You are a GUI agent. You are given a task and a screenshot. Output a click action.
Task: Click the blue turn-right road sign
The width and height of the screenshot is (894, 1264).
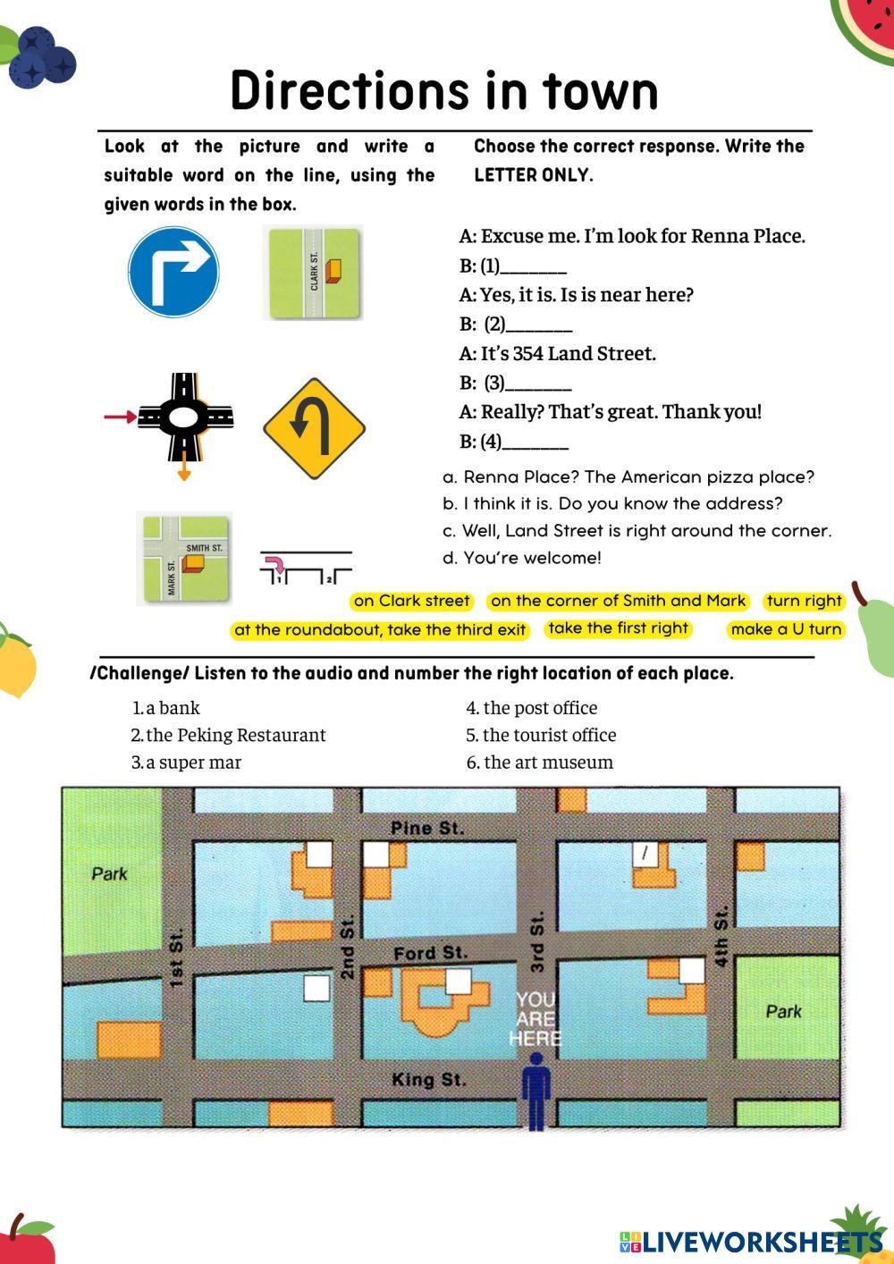coord(173,272)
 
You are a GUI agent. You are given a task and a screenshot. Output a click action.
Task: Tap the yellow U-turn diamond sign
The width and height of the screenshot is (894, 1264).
coord(315,429)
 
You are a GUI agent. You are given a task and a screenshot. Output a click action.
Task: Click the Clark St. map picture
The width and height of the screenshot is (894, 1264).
coord(314,274)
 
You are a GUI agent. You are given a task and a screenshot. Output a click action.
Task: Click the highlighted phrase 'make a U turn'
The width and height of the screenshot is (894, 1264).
coord(786,629)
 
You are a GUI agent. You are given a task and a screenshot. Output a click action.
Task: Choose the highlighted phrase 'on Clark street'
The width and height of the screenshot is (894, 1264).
coord(411,601)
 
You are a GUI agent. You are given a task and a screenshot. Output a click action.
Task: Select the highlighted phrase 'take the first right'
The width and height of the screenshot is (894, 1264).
coord(618,628)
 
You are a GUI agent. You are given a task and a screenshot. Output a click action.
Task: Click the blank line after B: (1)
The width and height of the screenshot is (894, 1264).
coord(534,274)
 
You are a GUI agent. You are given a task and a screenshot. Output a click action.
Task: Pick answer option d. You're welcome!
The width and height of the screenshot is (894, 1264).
coord(522,558)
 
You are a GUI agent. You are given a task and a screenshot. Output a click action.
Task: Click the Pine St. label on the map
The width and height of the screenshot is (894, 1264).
coord(427,829)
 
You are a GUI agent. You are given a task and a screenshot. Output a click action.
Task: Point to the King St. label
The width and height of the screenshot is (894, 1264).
coord(429,1080)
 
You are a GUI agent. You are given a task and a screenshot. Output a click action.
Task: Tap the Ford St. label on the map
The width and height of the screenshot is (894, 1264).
coord(431,954)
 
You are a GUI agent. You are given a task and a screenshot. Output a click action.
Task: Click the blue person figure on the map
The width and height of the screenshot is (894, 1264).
coord(536,1093)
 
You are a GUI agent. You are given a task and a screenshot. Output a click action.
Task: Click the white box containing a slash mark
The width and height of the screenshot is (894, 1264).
coord(645,855)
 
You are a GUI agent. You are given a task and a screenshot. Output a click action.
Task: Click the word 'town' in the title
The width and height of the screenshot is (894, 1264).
coord(601,91)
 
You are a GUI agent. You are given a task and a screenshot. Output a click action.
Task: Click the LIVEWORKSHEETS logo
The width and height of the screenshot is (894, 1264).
coord(752,1242)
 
